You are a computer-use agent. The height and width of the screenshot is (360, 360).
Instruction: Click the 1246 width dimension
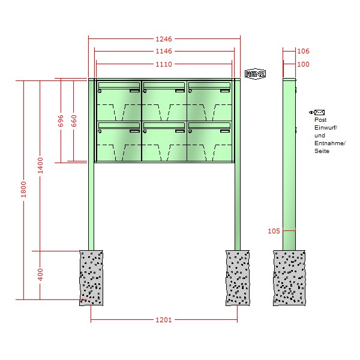click(164, 39)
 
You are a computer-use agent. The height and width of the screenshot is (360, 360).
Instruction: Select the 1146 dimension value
click(164, 51)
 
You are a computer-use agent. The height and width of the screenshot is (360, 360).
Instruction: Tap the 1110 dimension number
click(164, 64)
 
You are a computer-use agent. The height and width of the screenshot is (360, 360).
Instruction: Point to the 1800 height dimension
click(23, 190)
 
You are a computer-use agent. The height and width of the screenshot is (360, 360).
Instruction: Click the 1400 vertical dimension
click(40, 166)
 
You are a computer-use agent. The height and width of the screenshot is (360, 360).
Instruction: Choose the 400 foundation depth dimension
click(40, 274)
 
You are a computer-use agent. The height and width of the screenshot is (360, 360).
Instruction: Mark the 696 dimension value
click(61, 121)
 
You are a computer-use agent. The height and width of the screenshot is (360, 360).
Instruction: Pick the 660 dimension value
click(74, 121)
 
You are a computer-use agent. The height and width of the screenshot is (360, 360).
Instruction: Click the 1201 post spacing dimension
click(164, 320)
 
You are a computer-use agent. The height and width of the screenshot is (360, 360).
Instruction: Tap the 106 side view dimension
click(303, 51)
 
